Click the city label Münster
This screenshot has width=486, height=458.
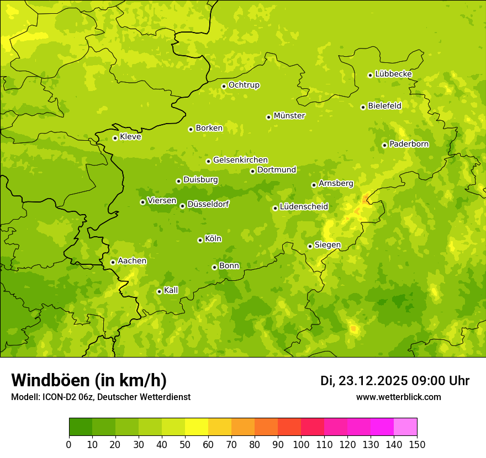289,116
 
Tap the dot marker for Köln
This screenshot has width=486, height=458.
200,240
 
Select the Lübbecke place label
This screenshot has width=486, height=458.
393,74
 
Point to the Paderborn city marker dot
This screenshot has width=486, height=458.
384,145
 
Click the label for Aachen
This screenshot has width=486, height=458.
132,261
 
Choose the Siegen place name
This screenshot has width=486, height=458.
327,245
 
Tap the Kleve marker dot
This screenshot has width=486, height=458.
115,138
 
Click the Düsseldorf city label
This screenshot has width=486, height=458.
208,204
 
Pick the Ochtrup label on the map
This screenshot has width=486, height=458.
244,85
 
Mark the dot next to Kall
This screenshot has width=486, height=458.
159,291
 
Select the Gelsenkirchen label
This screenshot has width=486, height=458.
240,160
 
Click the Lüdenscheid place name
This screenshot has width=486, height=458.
304,207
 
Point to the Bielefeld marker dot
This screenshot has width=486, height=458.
363,107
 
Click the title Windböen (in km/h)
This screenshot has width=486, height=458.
89,380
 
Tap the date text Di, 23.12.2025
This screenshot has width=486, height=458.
364,381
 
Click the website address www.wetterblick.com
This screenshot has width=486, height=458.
398,397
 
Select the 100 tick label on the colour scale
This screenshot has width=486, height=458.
301,444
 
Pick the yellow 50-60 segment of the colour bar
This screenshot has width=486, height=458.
197,427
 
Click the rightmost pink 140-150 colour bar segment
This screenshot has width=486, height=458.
405,427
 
